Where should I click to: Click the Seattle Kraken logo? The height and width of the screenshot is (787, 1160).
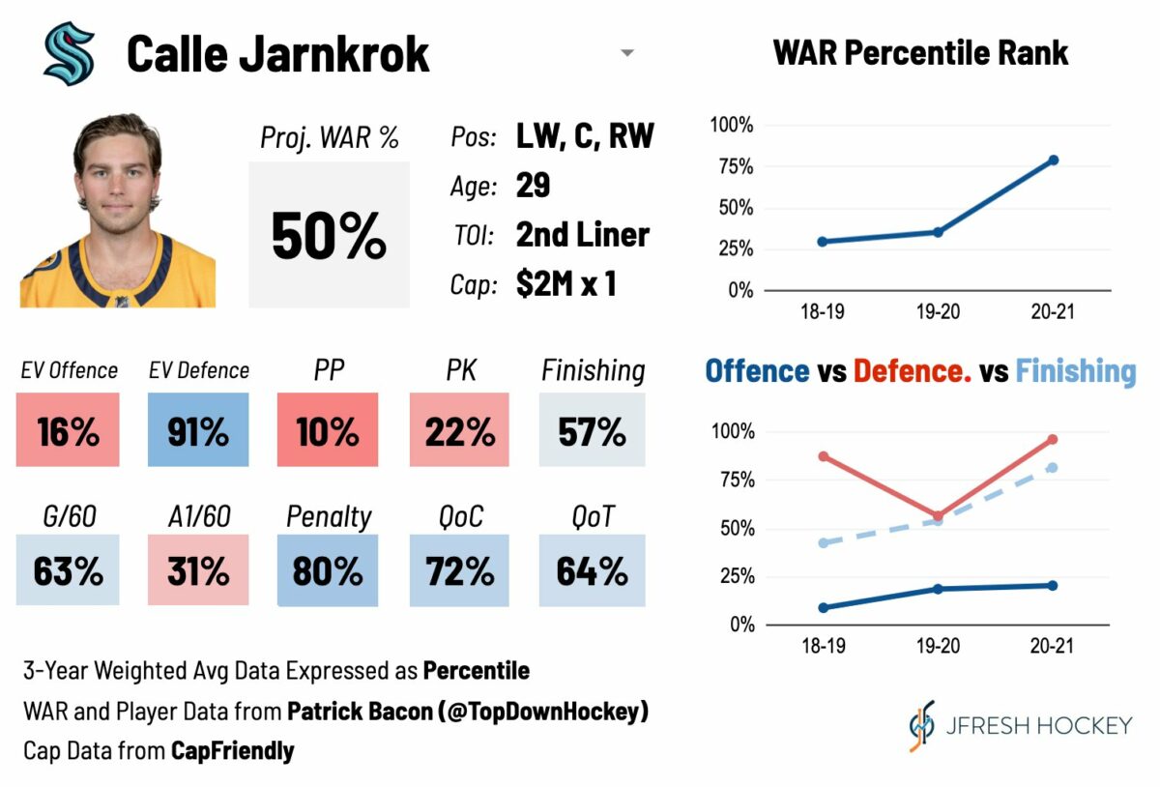pos(69,54)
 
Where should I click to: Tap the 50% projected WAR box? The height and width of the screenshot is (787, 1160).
pos(329,235)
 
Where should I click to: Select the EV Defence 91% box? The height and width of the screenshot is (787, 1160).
pos(198,430)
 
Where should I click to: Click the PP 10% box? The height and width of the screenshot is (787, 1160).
pos(328,430)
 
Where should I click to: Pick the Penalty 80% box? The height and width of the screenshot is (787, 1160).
pos(328,570)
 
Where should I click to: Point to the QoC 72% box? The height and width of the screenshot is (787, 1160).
pos(459,570)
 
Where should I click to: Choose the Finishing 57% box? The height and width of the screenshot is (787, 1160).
pos(592,430)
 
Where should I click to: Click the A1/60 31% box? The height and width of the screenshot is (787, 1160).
pos(198,570)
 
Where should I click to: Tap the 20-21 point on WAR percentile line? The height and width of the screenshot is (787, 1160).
pos(1053,160)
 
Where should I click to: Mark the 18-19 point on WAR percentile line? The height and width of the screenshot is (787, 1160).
pos(822,242)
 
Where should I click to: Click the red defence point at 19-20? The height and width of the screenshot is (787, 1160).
pos(938,516)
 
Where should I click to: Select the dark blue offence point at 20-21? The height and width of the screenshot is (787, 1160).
pos(1053,585)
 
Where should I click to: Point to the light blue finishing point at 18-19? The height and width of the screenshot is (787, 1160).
pos(823,543)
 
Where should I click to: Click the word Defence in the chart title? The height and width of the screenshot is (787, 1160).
pos(912,371)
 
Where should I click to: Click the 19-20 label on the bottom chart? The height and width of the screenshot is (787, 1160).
pos(937,646)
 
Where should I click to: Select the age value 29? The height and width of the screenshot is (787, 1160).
pos(533,186)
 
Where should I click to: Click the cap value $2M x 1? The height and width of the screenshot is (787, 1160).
pos(565,285)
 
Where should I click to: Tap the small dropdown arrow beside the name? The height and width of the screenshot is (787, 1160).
pos(627,53)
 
